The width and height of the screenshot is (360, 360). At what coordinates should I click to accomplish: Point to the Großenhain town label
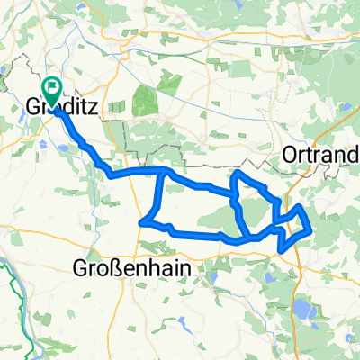(x=125, y=267)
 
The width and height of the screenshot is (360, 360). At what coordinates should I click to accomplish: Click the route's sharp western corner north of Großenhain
(x=141, y=221)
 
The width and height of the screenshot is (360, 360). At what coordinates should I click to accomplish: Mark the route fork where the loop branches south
(x=161, y=170)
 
